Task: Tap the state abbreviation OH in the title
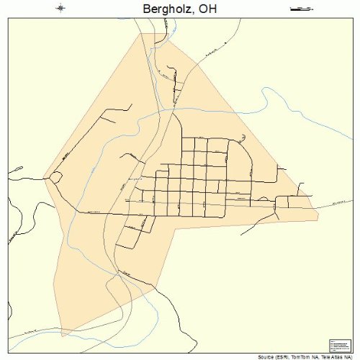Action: pyautogui.click(x=207, y=9)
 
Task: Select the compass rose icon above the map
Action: pyautogui.click(x=61, y=9)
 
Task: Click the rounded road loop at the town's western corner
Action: pyautogui.click(x=54, y=178)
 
